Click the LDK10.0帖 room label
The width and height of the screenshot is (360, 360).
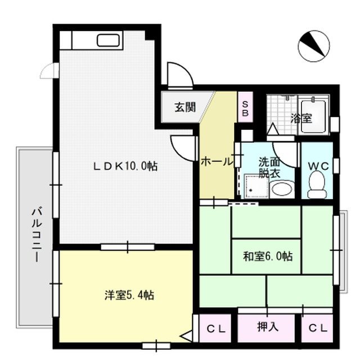(x=125, y=166)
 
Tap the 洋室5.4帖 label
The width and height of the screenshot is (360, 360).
(x=129, y=295)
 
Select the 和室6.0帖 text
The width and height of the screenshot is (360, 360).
(x=268, y=256)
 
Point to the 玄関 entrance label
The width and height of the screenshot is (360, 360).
(x=185, y=107)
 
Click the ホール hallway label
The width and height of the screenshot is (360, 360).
(x=217, y=162)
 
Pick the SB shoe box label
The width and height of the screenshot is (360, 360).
(x=245, y=109)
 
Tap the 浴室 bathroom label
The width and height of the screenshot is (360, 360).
(x=301, y=119)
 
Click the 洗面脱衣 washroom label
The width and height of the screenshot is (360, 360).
(x=269, y=168)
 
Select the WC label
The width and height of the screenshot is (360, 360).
(x=318, y=166)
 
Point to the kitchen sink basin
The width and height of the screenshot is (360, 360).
(x=108, y=40)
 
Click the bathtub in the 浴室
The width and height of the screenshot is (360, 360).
(x=313, y=116)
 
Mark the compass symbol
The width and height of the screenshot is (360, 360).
(x=314, y=46)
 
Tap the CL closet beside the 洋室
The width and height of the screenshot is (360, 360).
(x=216, y=329)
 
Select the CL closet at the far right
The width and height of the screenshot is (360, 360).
(x=318, y=328)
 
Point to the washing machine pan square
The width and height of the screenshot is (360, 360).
(x=256, y=186)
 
